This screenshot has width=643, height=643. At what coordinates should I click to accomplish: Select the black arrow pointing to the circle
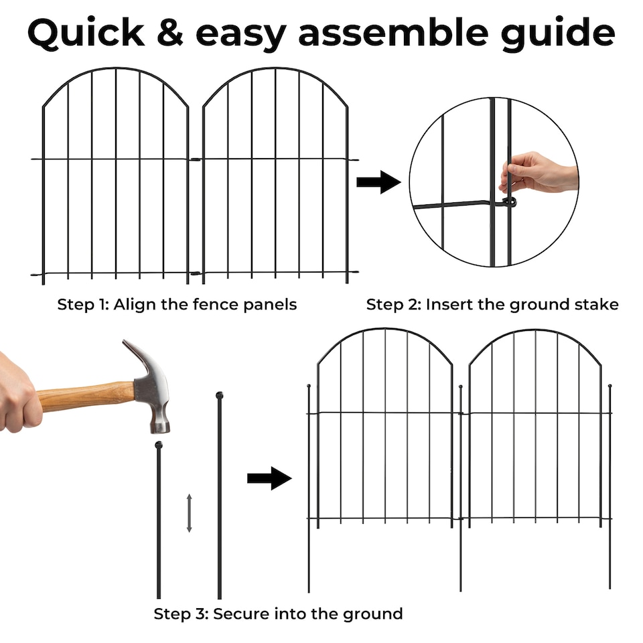[378, 182]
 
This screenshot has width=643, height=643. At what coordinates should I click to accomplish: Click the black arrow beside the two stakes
[269, 478]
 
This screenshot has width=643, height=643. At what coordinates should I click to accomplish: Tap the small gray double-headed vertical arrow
[190, 513]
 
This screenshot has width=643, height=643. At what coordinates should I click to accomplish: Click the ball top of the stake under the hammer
[159, 445]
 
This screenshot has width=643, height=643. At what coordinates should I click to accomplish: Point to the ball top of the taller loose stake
[219, 395]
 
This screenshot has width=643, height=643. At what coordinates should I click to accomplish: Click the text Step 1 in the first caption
[83, 305]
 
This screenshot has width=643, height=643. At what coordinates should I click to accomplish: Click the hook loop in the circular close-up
[510, 201]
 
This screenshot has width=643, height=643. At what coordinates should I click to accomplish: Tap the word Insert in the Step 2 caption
[447, 305]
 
